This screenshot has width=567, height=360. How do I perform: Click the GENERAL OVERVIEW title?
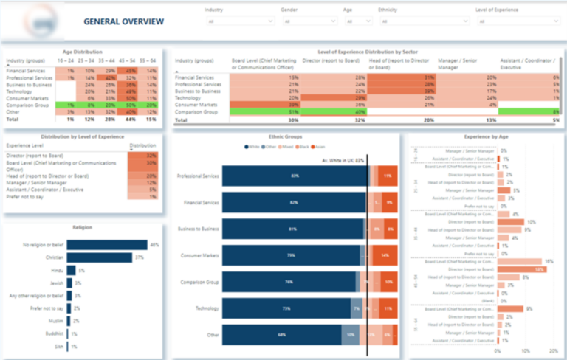pos(123,21)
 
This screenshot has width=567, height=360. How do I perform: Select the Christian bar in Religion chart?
pos(99,257)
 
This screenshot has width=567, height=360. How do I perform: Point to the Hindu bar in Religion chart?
pos(71,270)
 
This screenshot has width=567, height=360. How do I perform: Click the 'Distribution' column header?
pos(142,146)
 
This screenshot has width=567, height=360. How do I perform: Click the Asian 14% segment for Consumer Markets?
pos(385,255)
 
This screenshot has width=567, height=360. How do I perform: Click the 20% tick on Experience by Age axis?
pos(553,352)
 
